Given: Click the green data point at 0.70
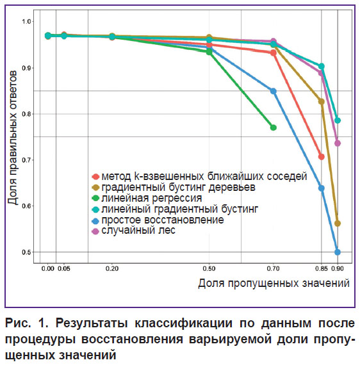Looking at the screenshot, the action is click(273, 127).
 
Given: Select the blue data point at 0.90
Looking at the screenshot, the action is click(338, 252).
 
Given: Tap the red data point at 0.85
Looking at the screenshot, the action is click(322, 156).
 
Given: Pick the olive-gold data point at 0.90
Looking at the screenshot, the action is click(338, 224).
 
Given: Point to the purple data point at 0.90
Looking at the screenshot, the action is click(338, 143).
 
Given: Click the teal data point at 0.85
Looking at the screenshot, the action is click(322, 66).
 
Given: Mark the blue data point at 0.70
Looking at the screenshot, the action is click(273, 91).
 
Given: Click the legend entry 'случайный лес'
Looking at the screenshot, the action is click(134, 231).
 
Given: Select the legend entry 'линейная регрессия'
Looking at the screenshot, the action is click(147, 199).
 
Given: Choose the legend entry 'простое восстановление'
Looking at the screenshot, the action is click(158, 220).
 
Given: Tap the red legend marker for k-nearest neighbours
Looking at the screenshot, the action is click(95, 177).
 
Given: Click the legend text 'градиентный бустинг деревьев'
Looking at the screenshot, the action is click(178, 188).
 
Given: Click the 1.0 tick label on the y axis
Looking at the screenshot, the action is click(26, 21).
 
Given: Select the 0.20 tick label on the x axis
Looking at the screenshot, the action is click(112, 268).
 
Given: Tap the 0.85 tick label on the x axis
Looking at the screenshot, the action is click(321, 268).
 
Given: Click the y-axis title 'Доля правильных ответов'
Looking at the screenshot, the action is click(12, 138).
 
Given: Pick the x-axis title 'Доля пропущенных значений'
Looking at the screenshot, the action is click(274, 284).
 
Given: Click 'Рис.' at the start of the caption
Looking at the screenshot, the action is click(18, 323).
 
